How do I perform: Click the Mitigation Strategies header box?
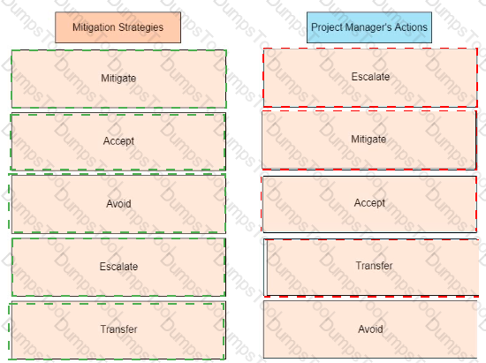pos(118,27)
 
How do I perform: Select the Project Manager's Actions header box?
pos(369,27)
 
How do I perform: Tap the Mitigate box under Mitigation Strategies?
pos(118,79)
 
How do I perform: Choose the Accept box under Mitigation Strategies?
pos(118,141)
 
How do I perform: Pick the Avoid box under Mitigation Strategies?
pos(118,204)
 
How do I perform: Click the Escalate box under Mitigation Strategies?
pos(118,267)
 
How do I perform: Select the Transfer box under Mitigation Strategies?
pos(118,330)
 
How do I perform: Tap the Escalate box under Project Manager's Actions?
pos(370,78)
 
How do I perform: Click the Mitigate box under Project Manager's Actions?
pos(368,140)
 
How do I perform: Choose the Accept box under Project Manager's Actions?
pos(369,204)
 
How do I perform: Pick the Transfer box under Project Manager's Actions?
pos(371,268)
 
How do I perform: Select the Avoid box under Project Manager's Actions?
pos(370,329)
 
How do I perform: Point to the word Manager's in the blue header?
pos(368,27)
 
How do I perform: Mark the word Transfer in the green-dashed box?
pos(118,329)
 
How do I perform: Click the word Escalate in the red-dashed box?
pos(370,77)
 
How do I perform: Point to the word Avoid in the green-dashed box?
pos(118,203)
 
